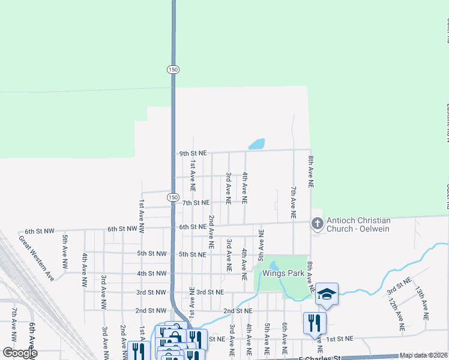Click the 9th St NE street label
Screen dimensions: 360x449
coord(193,154)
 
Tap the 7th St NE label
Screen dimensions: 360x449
coord(196,203)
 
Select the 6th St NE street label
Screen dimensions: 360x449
coord(193,227)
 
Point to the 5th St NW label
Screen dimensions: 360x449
coord(151,253)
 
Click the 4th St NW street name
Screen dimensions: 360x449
coord(151,273)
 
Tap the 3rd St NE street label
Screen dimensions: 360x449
coord(210,292)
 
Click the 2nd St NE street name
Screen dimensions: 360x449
coord(237,311)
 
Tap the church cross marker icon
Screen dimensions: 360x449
coord(316,224)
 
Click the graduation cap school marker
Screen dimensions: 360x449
coord(327,294)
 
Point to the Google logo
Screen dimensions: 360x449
coord(20,352)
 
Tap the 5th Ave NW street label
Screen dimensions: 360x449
coord(64,251)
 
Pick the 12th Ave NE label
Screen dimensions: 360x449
coord(396,314)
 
